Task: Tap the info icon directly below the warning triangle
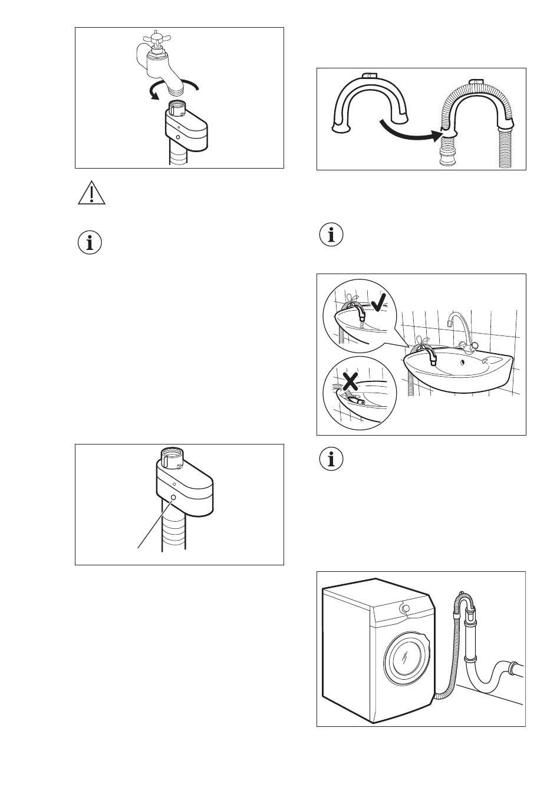[90, 243]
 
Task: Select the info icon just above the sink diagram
[331, 235]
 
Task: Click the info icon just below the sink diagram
[331, 458]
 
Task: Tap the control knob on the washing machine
[404, 608]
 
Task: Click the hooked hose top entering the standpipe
[465, 602]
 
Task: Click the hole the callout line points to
[173, 498]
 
